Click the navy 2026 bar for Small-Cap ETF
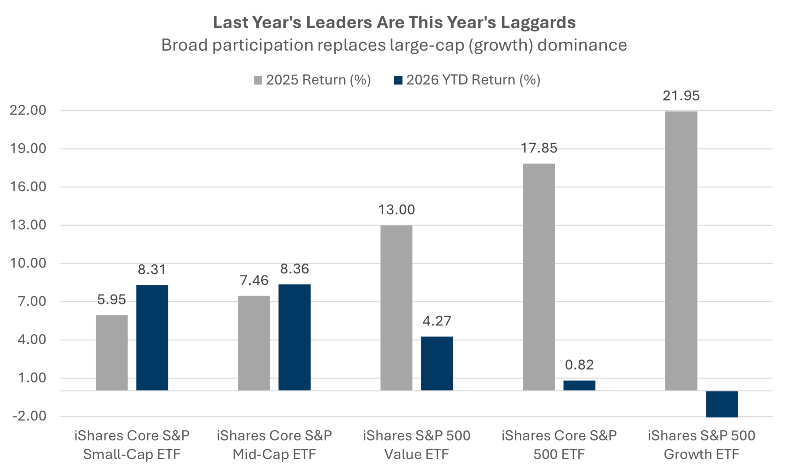tap(152, 338)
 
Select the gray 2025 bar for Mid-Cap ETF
tap(254, 343)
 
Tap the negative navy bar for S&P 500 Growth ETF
tap(722, 404)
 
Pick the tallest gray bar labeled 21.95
tap(681, 251)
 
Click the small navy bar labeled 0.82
tap(579, 385)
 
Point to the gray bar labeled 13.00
tap(397, 308)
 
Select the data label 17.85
tap(539, 148)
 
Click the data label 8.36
tap(294, 269)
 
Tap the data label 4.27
tap(437, 321)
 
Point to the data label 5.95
tap(112, 300)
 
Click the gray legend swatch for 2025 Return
tap(258, 80)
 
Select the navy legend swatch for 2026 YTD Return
tap(398, 80)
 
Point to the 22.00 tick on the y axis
tap(28, 110)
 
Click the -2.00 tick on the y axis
tap(30, 416)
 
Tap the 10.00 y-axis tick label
tap(28, 263)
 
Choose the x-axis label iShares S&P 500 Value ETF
tap(417, 445)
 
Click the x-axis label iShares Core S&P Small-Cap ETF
tap(132, 445)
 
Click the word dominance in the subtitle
tap(582, 45)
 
